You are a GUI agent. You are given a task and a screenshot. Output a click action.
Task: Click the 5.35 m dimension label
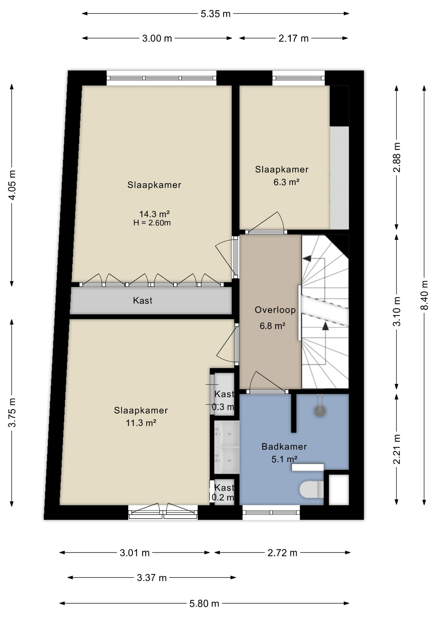215,14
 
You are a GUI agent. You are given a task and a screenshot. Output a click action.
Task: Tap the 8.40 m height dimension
424,295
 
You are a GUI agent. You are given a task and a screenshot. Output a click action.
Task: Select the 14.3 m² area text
154,214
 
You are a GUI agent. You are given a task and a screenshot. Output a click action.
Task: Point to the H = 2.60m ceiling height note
152,222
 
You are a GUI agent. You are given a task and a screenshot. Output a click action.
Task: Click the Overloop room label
275,310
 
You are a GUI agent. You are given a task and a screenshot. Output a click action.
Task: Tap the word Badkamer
284,446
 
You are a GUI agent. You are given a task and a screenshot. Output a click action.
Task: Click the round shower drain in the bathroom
320,411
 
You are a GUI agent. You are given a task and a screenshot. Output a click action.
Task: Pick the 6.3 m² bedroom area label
286,182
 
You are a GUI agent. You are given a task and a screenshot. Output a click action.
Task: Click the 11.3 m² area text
141,423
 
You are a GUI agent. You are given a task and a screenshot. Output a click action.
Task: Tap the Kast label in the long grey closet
143,300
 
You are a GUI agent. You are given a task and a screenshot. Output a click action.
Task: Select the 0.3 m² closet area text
223,407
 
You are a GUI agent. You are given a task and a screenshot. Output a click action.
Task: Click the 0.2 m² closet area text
223,497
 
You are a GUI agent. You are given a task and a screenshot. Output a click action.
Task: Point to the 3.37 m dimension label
152,578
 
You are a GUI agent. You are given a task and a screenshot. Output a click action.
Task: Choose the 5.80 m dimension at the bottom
204,604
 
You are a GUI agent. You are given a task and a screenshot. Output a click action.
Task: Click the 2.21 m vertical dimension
397,449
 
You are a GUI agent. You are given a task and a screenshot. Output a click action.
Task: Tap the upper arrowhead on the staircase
307,258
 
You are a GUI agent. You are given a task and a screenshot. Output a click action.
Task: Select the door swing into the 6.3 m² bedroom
266,222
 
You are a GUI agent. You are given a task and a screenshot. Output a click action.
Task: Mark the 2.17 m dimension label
293,39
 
